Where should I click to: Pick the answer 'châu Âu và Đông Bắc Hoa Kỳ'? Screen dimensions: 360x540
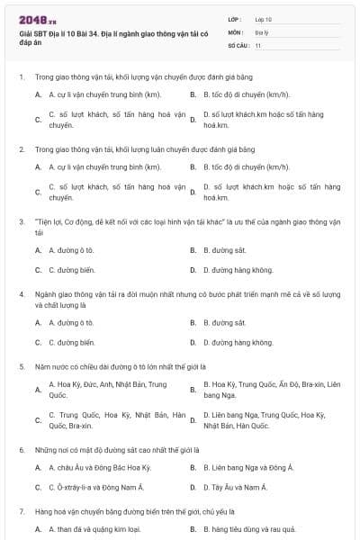point(99,467)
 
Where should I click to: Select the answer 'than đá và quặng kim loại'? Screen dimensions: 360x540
point(94,528)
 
